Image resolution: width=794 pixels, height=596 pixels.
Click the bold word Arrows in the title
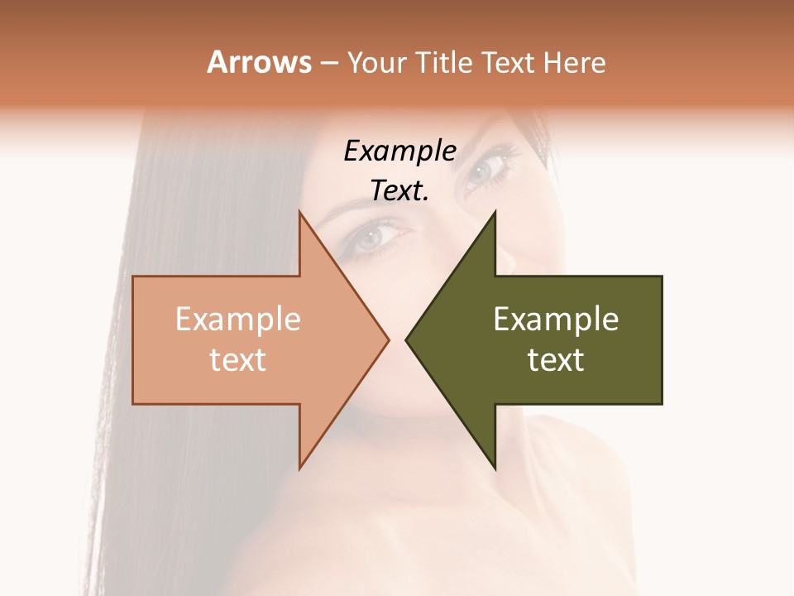[259, 62]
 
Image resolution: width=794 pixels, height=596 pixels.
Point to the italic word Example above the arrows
[399, 151]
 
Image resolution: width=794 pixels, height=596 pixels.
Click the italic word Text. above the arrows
[399, 190]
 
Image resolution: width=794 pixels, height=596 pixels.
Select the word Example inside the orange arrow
[237, 320]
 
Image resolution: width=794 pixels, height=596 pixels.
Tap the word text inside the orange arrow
[237, 360]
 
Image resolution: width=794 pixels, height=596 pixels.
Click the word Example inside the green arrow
[556, 320]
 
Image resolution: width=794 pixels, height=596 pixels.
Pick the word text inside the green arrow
[556, 360]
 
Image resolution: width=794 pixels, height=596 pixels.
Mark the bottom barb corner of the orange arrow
[299, 468]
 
